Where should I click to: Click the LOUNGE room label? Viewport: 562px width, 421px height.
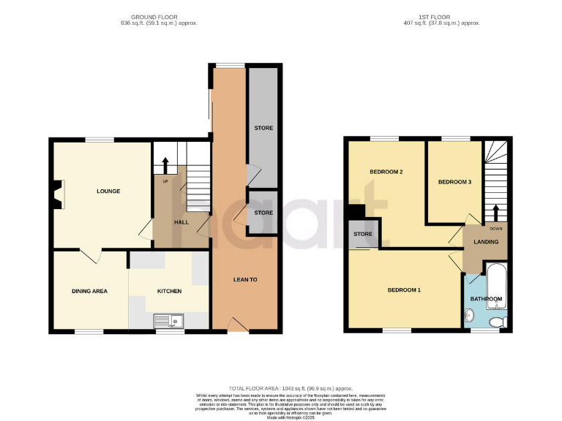click(108, 191)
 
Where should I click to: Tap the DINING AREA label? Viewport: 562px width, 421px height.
click(89, 291)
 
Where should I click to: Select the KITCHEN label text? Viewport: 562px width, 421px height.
click(169, 291)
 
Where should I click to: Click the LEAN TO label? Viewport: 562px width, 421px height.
click(245, 280)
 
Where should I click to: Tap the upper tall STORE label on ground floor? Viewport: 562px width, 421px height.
click(263, 128)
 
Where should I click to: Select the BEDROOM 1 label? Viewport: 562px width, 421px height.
click(404, 290)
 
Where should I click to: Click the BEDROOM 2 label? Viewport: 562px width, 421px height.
click(386, 172)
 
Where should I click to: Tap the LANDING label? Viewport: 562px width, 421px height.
click(485, 242)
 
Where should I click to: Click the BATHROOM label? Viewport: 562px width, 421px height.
click(486, 299)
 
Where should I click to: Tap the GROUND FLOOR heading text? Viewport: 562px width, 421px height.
click(154, 17)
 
